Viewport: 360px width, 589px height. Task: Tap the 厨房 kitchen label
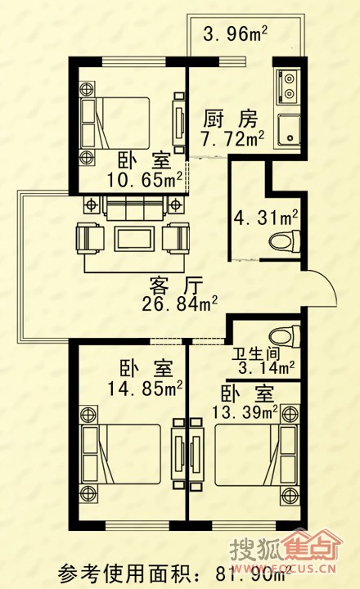[230, 119]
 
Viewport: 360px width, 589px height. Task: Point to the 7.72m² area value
[232, 138]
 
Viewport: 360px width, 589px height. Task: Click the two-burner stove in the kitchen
[288, 86]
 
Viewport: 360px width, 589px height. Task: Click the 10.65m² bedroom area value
[145, 179]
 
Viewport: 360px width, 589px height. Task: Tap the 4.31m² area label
[266, 218]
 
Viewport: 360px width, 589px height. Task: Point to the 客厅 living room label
[176, 286]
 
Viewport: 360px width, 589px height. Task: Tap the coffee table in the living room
[134, 238]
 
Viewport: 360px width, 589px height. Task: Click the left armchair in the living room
[90, 238]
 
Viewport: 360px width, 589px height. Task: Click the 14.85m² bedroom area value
[145, 389]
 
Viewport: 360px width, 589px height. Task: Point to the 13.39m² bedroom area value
[245, 412]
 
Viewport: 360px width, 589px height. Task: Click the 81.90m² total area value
[254, 573]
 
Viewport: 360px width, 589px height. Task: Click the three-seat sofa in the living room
[133, 208]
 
